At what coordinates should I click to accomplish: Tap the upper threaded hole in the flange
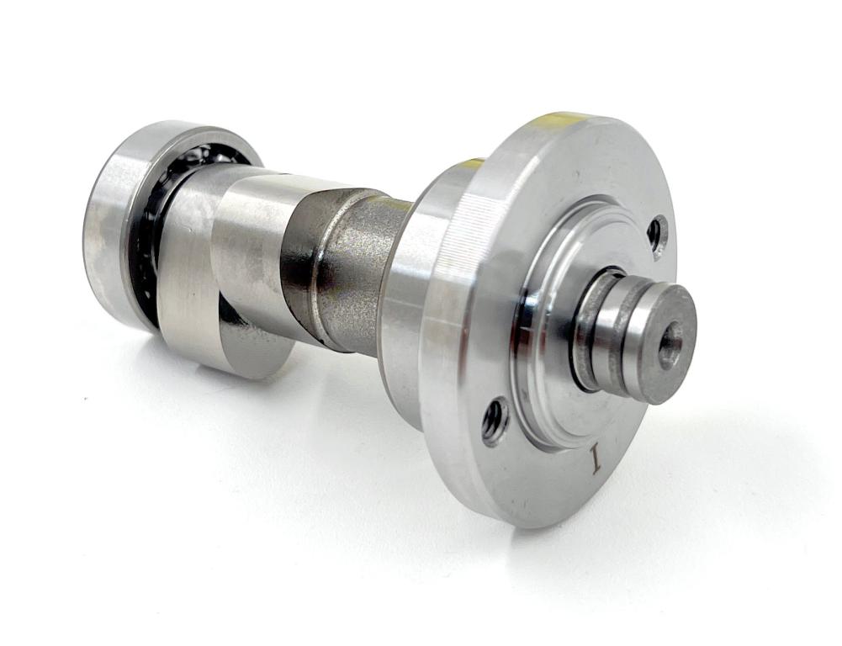tap(657, 236)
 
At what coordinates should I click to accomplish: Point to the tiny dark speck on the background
tap(85, 394)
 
